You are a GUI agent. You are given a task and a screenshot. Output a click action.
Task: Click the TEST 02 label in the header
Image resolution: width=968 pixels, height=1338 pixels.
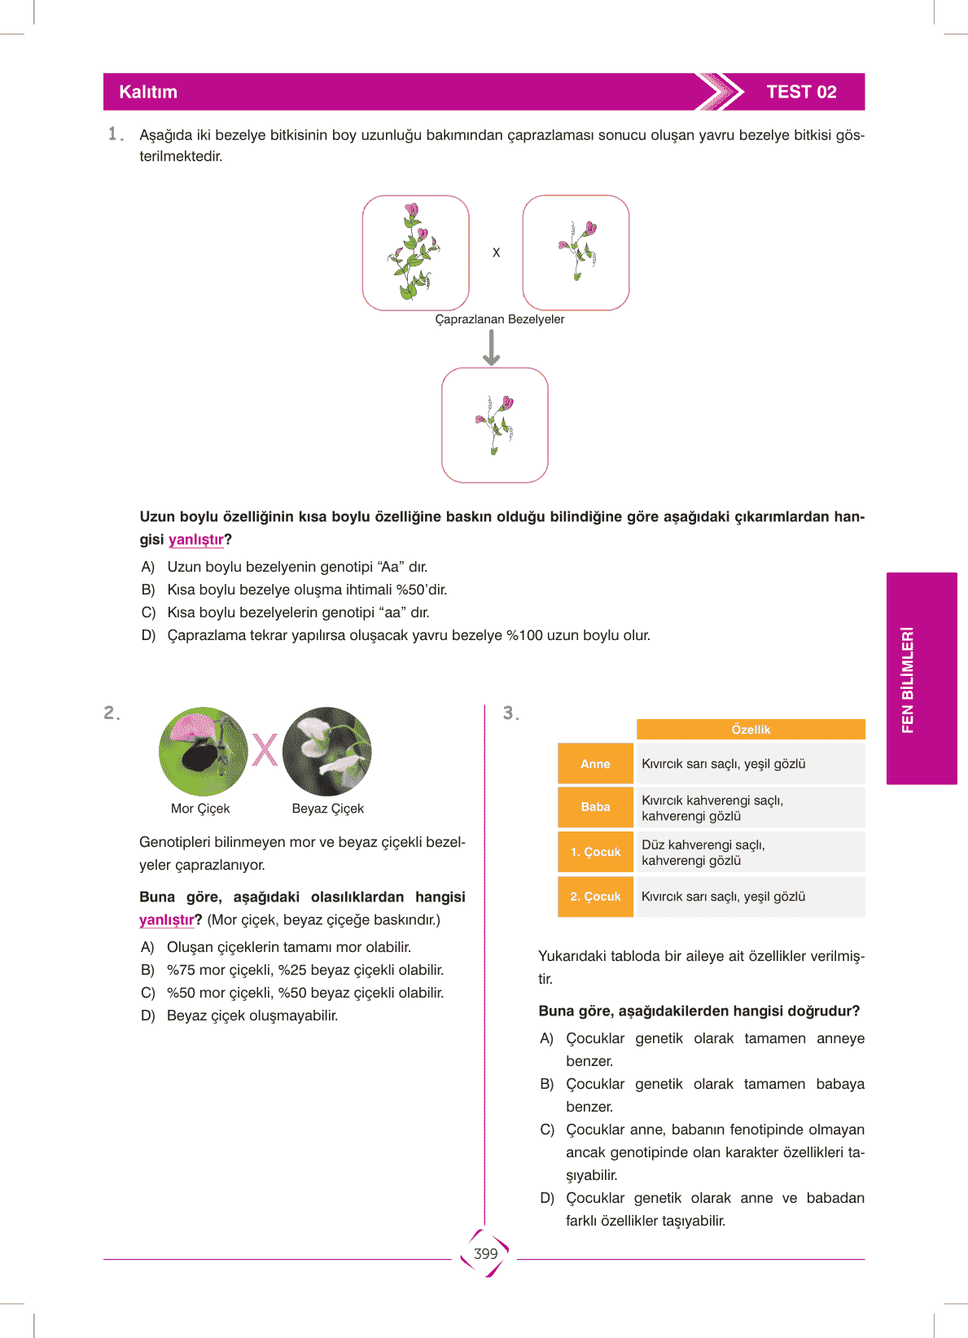click(801, 92)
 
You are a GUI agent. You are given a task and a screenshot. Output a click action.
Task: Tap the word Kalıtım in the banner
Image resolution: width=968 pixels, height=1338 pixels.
click(148, 92)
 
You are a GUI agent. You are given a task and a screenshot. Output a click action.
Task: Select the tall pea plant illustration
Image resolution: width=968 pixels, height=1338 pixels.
click(415, 252)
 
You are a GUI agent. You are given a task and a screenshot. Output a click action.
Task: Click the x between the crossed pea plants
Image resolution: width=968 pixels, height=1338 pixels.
click(496, 253)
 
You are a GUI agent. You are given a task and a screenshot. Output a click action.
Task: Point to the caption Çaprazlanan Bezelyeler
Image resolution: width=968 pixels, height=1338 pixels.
click(499, 319)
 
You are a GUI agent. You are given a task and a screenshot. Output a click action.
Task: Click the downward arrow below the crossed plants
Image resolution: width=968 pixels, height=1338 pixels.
click(492, 348)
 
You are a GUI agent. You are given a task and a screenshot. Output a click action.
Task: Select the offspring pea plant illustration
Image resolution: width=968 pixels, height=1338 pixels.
click(495, 424)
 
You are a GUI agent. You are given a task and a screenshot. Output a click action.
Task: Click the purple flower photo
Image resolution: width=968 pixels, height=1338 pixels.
click(203, 752)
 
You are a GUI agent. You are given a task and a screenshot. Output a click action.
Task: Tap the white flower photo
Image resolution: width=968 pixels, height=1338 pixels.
click(327, 752)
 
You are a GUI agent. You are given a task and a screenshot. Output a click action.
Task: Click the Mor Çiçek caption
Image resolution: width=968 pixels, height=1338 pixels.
click(200, 809)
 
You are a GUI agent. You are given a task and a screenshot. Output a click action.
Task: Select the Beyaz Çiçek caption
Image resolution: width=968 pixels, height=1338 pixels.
click(327, 809)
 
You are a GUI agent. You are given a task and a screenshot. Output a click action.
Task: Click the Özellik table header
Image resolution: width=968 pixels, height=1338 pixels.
click(751, 730)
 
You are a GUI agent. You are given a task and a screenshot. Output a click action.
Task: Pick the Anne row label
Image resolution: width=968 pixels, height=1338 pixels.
click(595, 764)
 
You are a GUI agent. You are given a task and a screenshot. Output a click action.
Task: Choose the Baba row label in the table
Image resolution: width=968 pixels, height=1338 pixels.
click(595, 807)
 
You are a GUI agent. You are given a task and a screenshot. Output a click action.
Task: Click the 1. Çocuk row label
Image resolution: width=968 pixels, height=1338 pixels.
click(595, 852)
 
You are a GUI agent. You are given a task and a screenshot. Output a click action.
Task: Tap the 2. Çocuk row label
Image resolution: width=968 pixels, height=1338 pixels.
click(595, 897)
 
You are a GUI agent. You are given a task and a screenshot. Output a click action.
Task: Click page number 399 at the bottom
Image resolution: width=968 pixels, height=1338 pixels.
click(485, 1254)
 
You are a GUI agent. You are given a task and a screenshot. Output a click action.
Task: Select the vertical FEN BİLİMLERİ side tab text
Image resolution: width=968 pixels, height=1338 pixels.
click(908, 679)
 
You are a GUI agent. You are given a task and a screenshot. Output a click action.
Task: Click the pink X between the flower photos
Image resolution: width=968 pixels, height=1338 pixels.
click(265, 750)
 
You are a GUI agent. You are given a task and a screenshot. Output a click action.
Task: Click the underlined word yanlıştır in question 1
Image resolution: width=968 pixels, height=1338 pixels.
click(195, 540)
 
